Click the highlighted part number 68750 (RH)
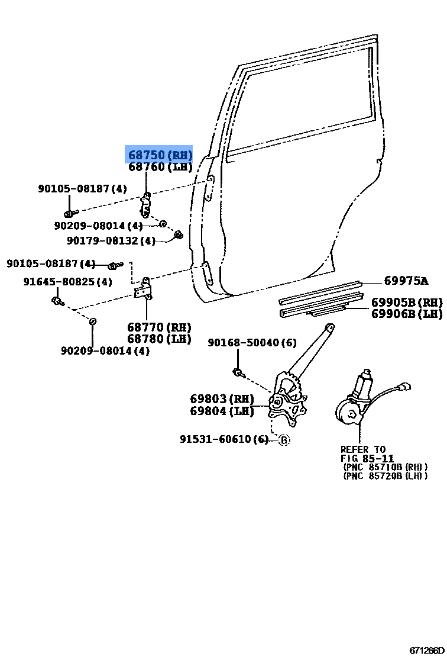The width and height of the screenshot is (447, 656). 160,155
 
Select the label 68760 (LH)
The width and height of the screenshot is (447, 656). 160,168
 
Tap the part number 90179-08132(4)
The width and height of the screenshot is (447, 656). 111,240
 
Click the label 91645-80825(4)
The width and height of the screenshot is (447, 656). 67,282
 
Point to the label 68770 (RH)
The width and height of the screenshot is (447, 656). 159,327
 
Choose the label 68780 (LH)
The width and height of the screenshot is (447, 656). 159,339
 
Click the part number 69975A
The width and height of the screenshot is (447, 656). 406,281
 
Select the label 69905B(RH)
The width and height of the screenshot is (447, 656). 407,302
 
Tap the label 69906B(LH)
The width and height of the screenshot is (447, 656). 407,314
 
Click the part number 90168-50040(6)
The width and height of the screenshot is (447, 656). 252,343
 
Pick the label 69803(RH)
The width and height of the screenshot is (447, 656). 222,399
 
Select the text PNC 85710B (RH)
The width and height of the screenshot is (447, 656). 385,467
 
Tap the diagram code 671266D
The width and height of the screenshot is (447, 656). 426,649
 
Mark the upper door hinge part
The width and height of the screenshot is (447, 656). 145,205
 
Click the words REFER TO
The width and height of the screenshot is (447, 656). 362,449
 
